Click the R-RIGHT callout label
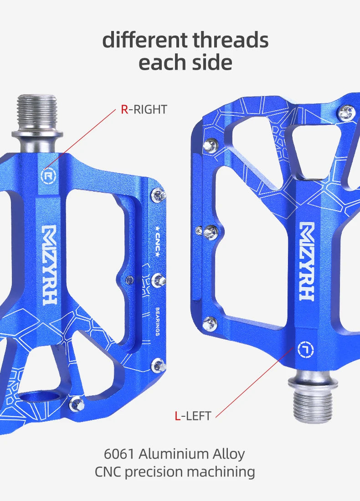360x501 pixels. (144, 109)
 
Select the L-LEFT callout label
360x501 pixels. (193, 416)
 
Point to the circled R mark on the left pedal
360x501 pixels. (47, 175)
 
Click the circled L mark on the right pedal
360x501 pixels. (305, 349)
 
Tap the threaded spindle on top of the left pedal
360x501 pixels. (37, 112)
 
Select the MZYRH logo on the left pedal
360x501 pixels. (50, 264)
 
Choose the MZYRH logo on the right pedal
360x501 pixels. (307, 261)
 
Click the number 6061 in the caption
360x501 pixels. (119, 454)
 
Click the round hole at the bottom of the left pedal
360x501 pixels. (41, 397)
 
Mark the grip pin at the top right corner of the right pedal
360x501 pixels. (346, 112)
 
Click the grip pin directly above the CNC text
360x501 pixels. (158, 195)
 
